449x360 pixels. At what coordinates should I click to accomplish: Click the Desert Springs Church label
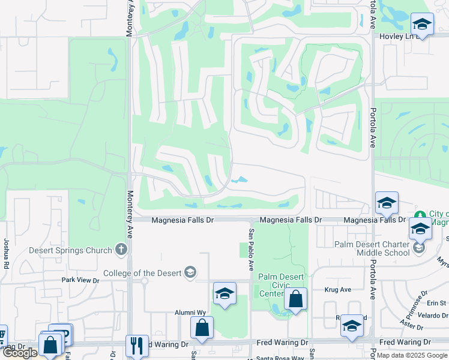tap(70, 250)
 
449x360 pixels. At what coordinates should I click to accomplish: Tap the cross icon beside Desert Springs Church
tap(121, 249)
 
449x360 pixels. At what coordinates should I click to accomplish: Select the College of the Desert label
tap(142, 273)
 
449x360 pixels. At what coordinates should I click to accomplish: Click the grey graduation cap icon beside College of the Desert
tap(190, 272)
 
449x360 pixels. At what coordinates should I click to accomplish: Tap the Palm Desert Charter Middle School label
tap(372, 248)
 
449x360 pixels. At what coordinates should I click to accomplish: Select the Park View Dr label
tap(79, 280)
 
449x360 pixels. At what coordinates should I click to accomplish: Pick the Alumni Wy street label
tap(190, 313)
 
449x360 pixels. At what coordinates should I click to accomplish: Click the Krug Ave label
tap(337, 289)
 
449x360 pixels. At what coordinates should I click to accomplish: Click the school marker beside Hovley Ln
tap(422, 25)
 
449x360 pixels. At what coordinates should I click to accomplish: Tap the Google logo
tap(20, 353)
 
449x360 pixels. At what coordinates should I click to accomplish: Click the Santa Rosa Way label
tap(280, 358)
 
